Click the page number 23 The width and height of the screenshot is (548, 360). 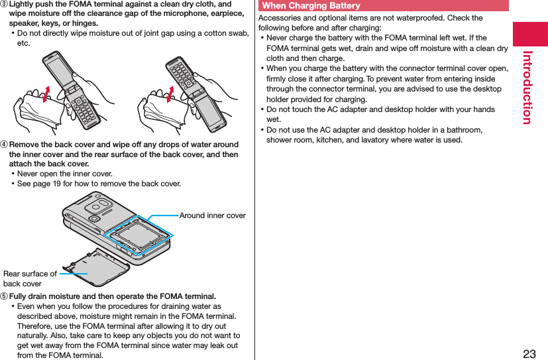tap(529, 353)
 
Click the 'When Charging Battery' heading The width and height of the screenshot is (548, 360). tap(311, 6)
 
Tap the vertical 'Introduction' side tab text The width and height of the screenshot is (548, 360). tap(527, 86)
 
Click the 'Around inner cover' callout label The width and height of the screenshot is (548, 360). tap(212, 215)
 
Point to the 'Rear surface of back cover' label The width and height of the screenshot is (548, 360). tap(30, 278)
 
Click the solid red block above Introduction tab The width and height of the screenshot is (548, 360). tap(530, 33)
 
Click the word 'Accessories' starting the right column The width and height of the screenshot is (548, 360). tap(279, 17)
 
